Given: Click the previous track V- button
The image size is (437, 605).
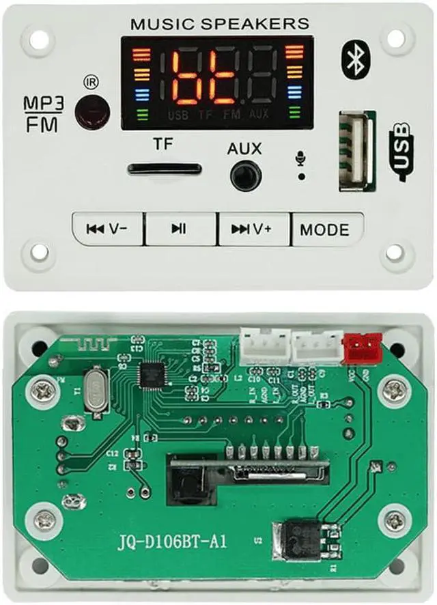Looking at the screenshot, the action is [x=108, y=229].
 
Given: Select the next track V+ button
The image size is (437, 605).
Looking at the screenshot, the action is [x=253, y=229].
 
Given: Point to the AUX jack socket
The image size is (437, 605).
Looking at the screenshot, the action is [x=246, y=175].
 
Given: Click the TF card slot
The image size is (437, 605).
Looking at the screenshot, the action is [x=165, y=169].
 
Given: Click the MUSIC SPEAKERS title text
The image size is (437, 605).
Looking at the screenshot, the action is [x=220, y=24].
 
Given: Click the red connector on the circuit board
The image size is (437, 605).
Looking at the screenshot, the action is [x=362, y=347].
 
